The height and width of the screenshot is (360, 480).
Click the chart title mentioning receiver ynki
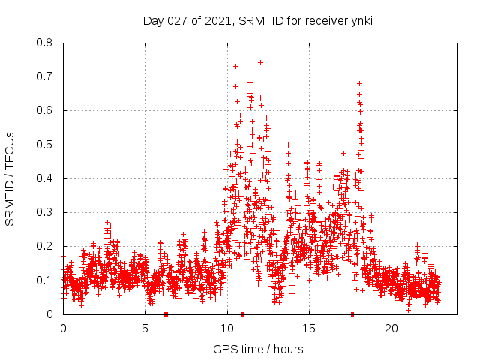coord(257,21)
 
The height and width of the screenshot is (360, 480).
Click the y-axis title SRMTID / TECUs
coord(10,178)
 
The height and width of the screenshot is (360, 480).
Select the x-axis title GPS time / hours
coord(257,349)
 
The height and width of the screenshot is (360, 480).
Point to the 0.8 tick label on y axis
coord(45,43)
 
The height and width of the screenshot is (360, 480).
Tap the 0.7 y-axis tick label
coord(45,76)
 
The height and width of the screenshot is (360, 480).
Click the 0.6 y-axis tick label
coord(45,110)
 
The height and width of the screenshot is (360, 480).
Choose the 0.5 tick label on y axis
coord(45,145)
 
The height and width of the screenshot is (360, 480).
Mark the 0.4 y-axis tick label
coord(45,178)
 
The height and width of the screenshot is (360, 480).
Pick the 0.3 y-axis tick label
coord(45,212)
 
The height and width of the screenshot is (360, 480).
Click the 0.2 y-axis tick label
coord(45,246)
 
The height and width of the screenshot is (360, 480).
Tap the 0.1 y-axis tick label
coord(45,280)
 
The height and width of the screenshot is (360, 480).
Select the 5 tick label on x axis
coord(145,328)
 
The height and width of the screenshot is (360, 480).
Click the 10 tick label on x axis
coord(226,328)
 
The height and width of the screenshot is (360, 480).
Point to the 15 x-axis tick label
coord(309,328)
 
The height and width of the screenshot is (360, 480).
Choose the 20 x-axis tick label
coord(391,328)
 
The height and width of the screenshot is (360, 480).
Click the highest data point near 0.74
coord(260,62)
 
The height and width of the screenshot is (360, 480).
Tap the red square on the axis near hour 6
coord(166,313)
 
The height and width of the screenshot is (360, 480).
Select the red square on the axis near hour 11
coord(242,313)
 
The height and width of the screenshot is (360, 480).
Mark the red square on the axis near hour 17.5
coord(352,313)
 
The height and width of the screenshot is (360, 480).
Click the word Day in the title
coord(153,21)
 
